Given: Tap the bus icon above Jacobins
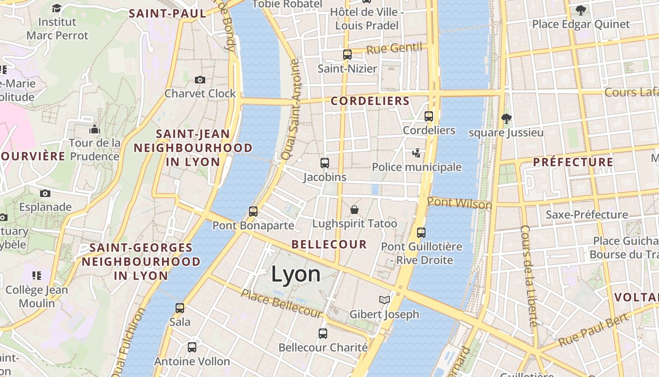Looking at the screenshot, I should (x=324, y=163).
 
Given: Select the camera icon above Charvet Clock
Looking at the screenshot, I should (x=200, y=80).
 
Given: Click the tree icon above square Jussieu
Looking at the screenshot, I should (x=506, y=118).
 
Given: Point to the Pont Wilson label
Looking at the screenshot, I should (x=459, y=203).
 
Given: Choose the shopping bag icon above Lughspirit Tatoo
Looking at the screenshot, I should (x=354, y=209).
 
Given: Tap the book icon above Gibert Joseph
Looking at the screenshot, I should (x=384, y=300).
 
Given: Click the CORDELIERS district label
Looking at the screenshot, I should (x=370, y=101).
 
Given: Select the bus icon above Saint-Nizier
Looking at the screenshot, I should (x=347, y=55).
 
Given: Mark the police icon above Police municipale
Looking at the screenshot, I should (x=416, y=153).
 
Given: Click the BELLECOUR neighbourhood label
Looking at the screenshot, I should (x=329, y=244).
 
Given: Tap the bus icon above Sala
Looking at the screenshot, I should (x=180, y=308).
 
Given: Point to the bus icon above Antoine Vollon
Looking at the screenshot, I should (x=192, y=347).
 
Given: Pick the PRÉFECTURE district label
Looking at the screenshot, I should (x=573, y=163).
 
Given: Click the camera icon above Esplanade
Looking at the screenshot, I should (x=45, y=193).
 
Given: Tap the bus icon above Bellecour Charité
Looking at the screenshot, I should (x=323, y=334).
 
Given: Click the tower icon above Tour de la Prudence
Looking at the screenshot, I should (x=95, y=129).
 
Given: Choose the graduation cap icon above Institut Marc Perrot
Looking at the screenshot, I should (x=57, y=8).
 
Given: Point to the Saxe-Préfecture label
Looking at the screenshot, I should (x=587, y=215).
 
